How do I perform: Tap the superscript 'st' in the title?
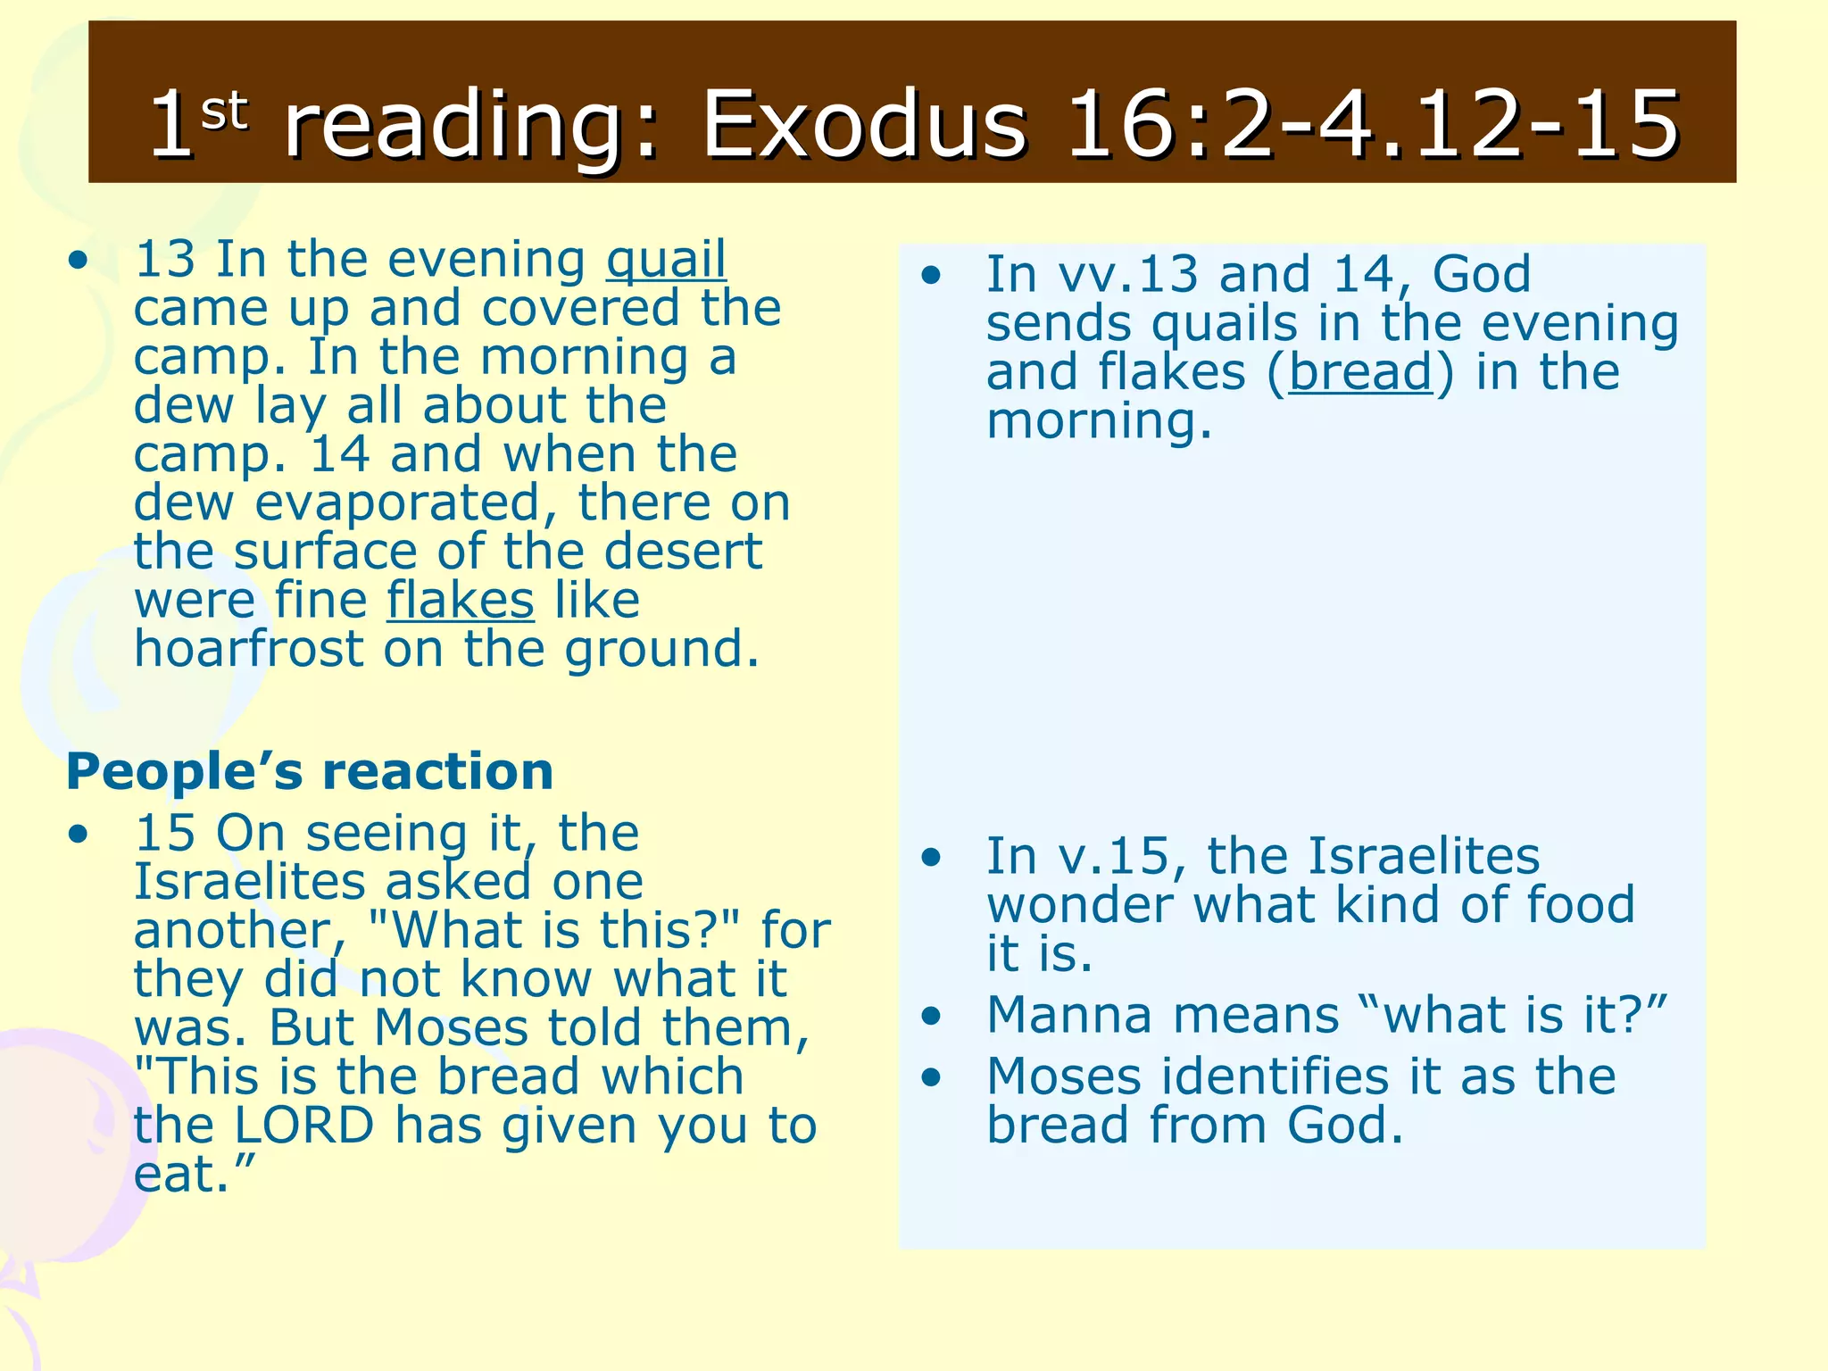click(224, 112)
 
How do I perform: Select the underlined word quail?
click(666, 260)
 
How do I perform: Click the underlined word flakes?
click(461, 600)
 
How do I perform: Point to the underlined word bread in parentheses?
click(1360, 371)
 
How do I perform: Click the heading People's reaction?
click(310, 771)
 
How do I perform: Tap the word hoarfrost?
click(249, 649)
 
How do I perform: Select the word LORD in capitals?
click(303, 1126)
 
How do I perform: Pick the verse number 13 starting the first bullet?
click(164, 260)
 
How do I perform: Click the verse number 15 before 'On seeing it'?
click(164, 833)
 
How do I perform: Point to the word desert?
click(683, 552)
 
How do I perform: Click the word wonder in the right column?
click(1079, 906)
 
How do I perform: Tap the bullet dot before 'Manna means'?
click(932, 1016)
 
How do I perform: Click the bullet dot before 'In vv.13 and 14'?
click(932, 275)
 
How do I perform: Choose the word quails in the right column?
click(1224, 324)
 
